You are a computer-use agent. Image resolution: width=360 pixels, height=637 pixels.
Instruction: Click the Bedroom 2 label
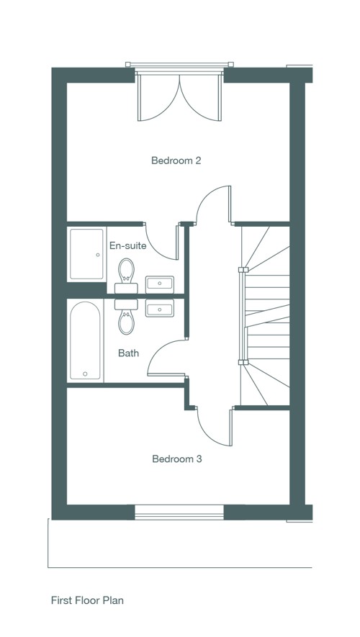(x=176, y=161)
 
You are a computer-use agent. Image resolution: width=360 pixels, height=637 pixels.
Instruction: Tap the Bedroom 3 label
(x=176, y=459)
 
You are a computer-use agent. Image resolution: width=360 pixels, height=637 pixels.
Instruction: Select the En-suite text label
(x=127, y=245)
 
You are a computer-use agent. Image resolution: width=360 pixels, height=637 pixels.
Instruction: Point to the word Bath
(x=128, y=353)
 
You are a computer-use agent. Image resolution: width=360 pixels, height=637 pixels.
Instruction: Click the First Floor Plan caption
(x=87, y=600)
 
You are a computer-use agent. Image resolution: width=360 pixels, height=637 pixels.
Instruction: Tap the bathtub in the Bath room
(x=86, y=341)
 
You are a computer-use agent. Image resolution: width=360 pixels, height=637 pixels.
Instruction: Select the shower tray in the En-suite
(x=86, y=254)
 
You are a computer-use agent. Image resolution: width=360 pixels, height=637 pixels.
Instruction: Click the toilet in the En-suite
(x=126, y=276)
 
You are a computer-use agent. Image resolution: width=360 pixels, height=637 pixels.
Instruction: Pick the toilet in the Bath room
(x=126, y=317)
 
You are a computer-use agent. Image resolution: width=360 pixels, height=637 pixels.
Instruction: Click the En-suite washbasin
(x=160, y=284)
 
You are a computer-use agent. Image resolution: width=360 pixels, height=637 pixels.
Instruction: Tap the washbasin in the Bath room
(x=160, y=308)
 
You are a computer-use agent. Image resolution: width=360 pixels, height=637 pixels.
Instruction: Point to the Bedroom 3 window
(x=179, y=512)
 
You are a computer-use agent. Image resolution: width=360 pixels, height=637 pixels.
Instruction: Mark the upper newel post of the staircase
(x=243, y=270)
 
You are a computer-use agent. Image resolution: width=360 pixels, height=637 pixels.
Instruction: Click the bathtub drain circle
(x=86, y=374)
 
